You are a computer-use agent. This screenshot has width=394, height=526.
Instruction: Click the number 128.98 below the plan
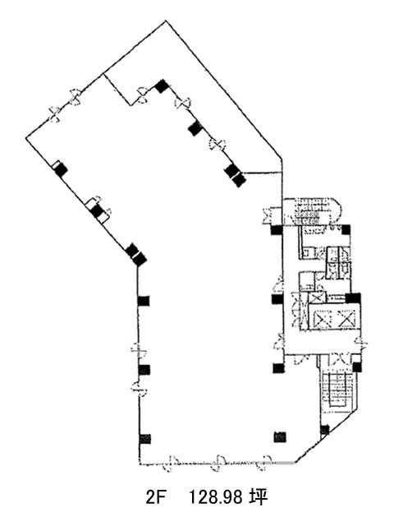(x=216, y=497)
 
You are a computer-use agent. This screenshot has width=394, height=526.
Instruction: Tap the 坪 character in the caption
(x=258, y=497)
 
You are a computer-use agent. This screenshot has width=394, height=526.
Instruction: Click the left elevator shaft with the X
(x=323, y=318)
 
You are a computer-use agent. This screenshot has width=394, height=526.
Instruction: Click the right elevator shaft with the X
(x=346, y=318)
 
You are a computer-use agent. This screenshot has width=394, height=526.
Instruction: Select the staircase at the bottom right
(x=337, y=389)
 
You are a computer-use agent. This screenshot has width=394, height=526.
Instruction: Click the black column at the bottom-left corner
(x=144, y=438)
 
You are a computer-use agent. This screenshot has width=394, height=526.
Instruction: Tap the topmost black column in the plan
(x=162, y=86)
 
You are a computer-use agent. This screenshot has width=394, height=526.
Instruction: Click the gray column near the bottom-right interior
(x=280, y=436)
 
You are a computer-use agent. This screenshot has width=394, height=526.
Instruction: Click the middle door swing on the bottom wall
(x=218, y=464)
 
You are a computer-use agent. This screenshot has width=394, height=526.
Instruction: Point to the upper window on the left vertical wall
(x=138, y=349)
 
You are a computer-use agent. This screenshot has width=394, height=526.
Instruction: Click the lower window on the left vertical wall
(x=139, y=389)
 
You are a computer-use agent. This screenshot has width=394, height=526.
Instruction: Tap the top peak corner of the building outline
(x=166, y=21)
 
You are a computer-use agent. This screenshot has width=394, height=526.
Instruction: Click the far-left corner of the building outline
(x=26, y=137)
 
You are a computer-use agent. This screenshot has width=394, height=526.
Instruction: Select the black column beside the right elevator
(x=353, y=298)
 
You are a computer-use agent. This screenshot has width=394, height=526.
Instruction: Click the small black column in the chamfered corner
(x=324, y=429)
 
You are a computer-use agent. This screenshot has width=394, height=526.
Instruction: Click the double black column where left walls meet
(x=135, y=255)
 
